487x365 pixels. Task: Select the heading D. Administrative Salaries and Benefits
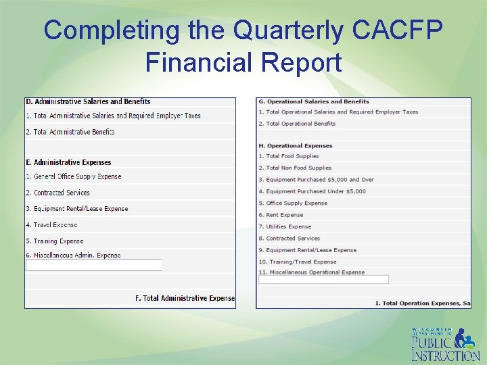click(88, 102)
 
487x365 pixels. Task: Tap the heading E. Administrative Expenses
click(68, 162)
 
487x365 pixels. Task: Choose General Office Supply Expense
click(74, 176)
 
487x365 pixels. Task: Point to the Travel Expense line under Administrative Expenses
click(51, 224)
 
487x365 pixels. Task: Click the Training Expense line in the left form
click(55, 241)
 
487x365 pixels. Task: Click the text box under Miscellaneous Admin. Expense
click(93, 265)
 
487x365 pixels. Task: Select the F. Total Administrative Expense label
click(185, 298)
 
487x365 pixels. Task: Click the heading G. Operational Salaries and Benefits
click(314, 102)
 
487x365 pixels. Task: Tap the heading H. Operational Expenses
click(296, 145)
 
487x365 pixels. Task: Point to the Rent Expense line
click(281, 215)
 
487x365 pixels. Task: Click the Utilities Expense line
click(285, 226)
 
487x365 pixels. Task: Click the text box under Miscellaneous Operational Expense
click(323, 279)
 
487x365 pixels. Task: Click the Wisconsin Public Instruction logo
click(445, 344)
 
